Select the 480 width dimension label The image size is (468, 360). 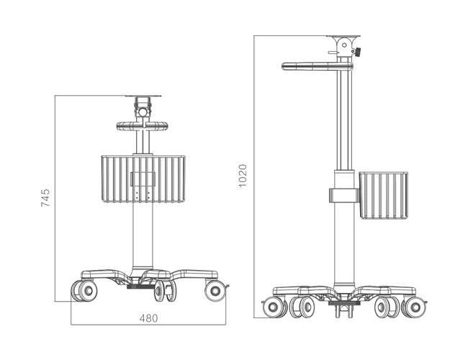(148, 318)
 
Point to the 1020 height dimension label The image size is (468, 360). (243, 176)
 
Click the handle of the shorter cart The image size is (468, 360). (143, 126)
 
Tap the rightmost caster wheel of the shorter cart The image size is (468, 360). (215, 291)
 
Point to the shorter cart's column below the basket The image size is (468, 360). (143, 238)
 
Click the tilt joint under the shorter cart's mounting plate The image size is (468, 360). (143, 112)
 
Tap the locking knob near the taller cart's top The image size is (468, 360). (358, 52)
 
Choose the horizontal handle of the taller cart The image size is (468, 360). (315, 66)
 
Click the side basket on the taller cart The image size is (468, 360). (383, 195)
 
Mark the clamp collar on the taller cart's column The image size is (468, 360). (343, 196)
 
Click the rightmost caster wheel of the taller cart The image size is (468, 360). (413, 307)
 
